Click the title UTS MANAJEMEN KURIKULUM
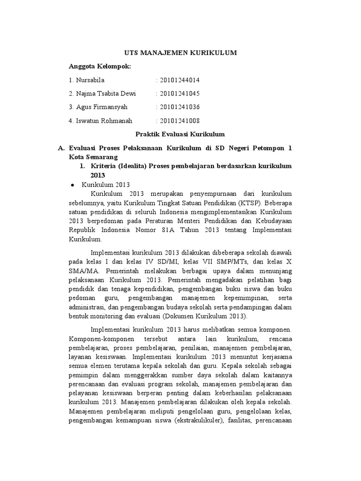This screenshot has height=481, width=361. click(x=180, y=54)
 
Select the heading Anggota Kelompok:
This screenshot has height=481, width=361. click(x=100, y=66)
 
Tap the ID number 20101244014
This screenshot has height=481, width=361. click(x=176, y=80)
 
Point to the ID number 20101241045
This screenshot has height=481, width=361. click(x=176, y=93)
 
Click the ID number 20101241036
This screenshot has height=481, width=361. click(x=176, y=107)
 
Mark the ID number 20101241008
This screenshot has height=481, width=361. click(x=176, y=121)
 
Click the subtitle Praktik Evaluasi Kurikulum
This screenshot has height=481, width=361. click(x=180, y=134)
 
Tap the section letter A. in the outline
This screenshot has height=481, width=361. click(x=60, y=148)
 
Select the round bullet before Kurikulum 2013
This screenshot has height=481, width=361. click(x=72, y=185)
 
